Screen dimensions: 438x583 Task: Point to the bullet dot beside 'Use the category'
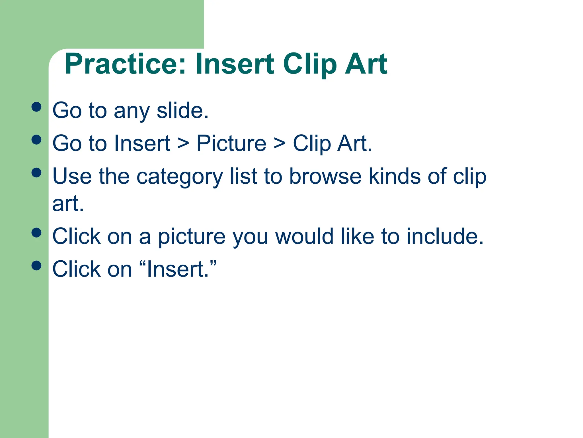[36, 173]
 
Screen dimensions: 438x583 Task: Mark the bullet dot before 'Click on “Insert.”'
[36, 265]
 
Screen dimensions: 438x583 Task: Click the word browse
[325, 176]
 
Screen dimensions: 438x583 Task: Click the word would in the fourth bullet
[304, 236]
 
